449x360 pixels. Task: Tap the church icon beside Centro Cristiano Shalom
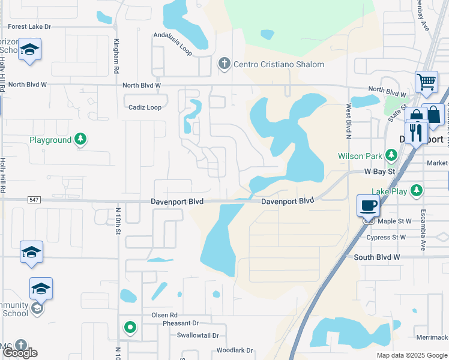[x=224, y=64]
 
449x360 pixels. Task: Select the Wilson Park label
[x=359, y=156]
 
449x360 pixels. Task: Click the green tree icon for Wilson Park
[x=391, y=156]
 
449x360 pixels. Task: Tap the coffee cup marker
[x=369, y=206]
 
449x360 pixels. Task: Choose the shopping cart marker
[x=426, y=82]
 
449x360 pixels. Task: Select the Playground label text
[x=50, y=140]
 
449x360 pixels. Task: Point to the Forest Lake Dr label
[x=30, y=27]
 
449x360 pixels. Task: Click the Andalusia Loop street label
[x=172, y=44]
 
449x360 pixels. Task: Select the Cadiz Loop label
[x=145, y=107]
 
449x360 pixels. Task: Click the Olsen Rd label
[x=164, y=315]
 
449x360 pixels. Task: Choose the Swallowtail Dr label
[x=193, y=336]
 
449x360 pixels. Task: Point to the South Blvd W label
[x=376, y=257]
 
